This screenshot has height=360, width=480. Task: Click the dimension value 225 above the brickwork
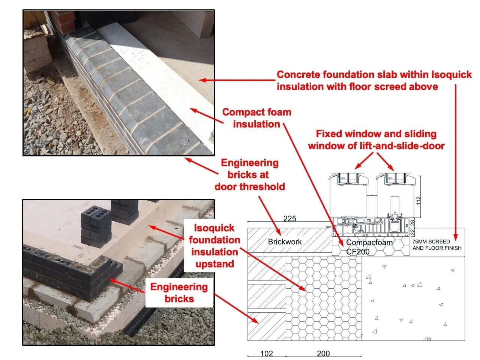click(x=289, y=219)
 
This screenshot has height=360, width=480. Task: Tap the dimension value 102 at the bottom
click(x=267, y=353)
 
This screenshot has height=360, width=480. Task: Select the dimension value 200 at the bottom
click(x=323, y=353)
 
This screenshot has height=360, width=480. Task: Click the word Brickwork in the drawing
click(x=285, y=242)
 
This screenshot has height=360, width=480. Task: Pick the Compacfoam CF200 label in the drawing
click(x=369, y=247)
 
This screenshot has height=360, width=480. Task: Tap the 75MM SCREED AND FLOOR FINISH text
click(x=437, y=245)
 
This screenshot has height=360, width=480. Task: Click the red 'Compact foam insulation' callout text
click(x=256, y=118)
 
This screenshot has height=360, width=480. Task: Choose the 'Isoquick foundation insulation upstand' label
click(x=214, y=246)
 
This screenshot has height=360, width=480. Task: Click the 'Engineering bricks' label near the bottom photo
click(x=179, y=293)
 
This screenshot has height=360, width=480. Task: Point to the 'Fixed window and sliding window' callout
click(x=376, y=139)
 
